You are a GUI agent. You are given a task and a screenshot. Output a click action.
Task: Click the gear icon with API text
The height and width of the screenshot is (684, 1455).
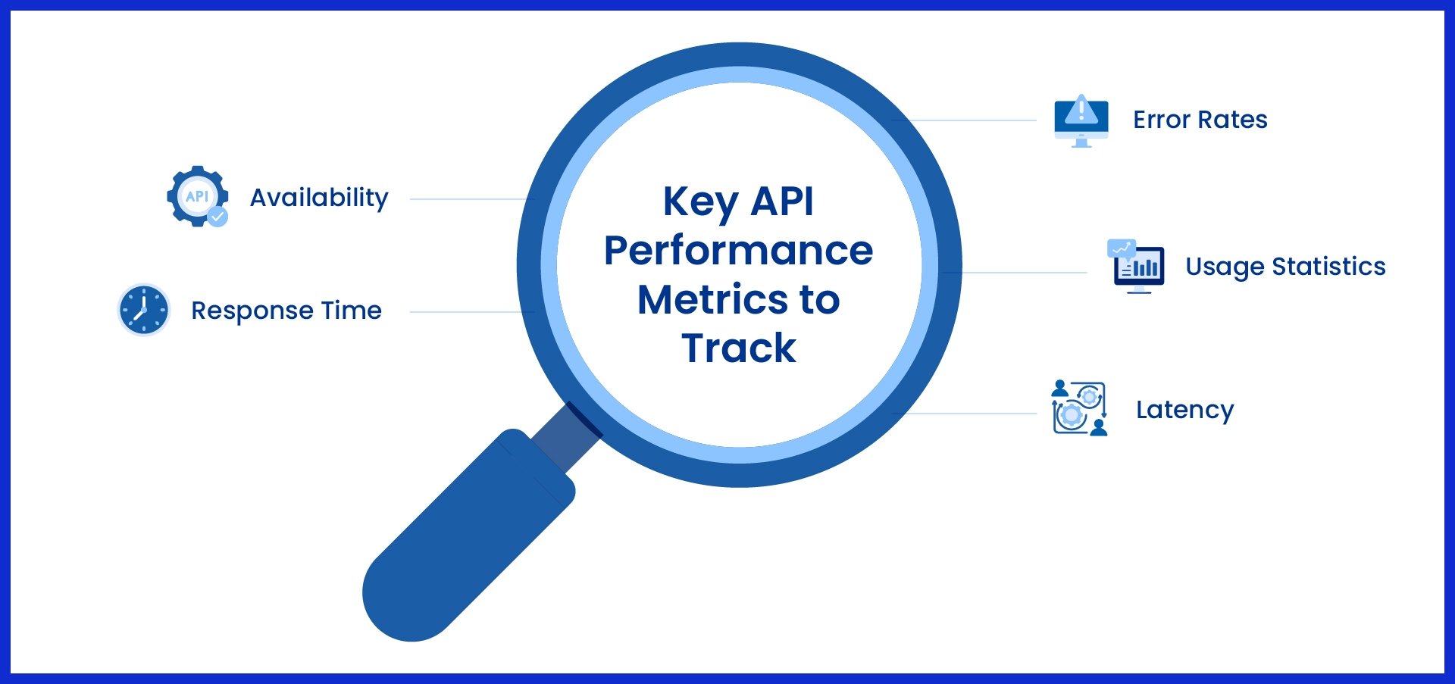[196, 195]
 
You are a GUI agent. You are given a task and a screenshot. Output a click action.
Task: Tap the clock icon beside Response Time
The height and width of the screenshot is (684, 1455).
[144, 310]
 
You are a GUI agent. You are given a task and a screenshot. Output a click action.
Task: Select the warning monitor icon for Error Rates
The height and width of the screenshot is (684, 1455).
[1081, 120]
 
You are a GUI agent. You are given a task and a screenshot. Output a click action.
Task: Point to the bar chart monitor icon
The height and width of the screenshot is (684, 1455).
[1136, 267]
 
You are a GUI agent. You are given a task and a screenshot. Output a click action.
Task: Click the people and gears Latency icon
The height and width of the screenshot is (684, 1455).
[1079, 408]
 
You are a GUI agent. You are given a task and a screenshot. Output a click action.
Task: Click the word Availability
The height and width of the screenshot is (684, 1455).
[319, 198]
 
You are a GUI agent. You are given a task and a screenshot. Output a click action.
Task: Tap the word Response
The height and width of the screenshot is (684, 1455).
[252, 311]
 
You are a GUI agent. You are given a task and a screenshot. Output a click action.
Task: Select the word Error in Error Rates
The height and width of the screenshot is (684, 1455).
[1161, 120]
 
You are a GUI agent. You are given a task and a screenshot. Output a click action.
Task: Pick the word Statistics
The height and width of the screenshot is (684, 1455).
[1328, 267]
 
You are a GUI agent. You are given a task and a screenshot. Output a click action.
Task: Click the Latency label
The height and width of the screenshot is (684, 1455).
[1184, 410]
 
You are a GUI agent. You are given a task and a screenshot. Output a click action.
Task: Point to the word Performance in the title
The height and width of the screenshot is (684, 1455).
[738, 251]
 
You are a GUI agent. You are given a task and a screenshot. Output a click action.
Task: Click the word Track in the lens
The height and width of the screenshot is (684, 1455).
[738, 348]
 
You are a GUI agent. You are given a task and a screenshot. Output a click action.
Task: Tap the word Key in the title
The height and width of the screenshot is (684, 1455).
[700, 202]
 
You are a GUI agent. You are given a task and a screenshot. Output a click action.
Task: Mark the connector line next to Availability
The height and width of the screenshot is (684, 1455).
[470, 199]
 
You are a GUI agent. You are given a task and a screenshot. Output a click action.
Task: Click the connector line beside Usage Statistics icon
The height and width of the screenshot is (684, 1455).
[1023, 273]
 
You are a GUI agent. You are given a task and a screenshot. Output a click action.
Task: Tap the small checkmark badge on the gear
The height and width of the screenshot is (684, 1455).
[217, 217]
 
